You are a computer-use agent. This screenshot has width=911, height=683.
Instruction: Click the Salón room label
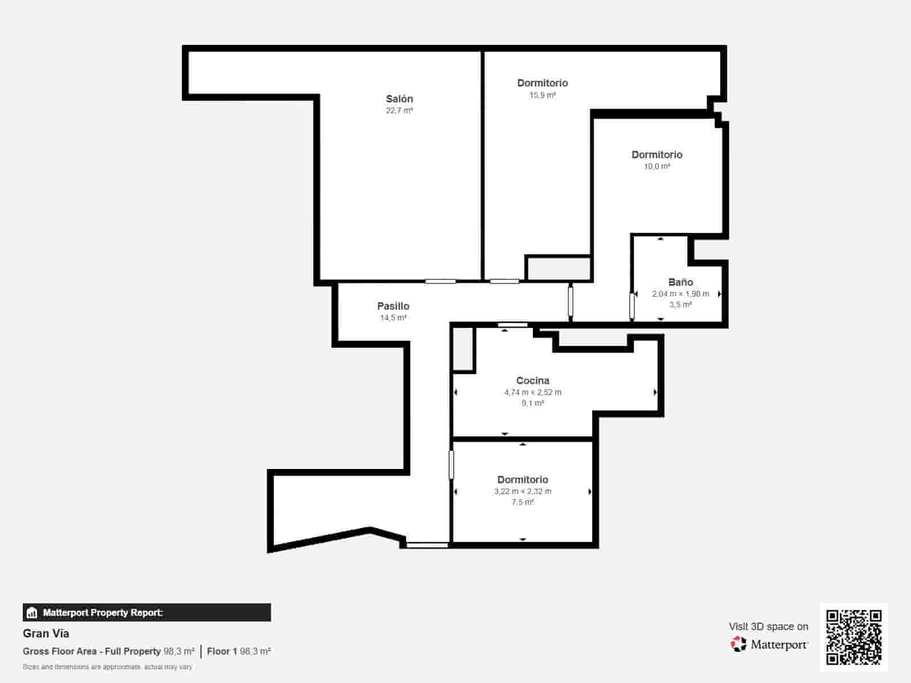[x=399, y=99]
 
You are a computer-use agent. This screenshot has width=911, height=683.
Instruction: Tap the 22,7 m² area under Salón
[x=399, y=110]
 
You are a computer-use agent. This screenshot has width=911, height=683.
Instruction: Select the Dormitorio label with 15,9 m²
[x=542, y=83]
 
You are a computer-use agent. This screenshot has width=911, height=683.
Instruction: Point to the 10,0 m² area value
[x=657, y=166]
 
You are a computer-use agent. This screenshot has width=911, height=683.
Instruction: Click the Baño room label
[x=680, y=282]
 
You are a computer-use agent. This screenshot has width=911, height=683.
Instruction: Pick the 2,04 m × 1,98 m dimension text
[x=680, y=294]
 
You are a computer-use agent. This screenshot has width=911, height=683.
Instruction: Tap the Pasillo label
[x=393, y=306]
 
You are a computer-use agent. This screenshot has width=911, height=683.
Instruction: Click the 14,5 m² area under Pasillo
[x=393, y=318]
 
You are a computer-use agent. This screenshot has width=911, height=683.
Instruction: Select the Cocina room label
[x=532, y=381]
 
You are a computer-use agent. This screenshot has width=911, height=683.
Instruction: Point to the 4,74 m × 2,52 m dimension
[x=532, y=392]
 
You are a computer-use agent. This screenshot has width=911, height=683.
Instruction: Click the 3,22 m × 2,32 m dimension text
[x=523, y=491]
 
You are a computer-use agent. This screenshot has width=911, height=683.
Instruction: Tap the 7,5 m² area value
[x=523, y=502]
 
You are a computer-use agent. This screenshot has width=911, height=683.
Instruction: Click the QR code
[x=853, y=637]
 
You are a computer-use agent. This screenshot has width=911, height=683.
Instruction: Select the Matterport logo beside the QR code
[x=769, y=644]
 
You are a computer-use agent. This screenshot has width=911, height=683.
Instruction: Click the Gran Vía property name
[x=46, y=633]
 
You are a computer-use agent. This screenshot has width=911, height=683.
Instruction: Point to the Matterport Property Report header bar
[x=147, y=612]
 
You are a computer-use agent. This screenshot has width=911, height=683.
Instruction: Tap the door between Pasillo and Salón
[x=440, y=281]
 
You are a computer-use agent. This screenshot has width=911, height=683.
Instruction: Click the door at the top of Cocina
[x=513, y=325]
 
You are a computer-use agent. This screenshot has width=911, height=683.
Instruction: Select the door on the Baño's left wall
[x=632, y=306]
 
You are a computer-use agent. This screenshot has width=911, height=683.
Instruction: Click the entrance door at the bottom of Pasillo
[x=427, y=545]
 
